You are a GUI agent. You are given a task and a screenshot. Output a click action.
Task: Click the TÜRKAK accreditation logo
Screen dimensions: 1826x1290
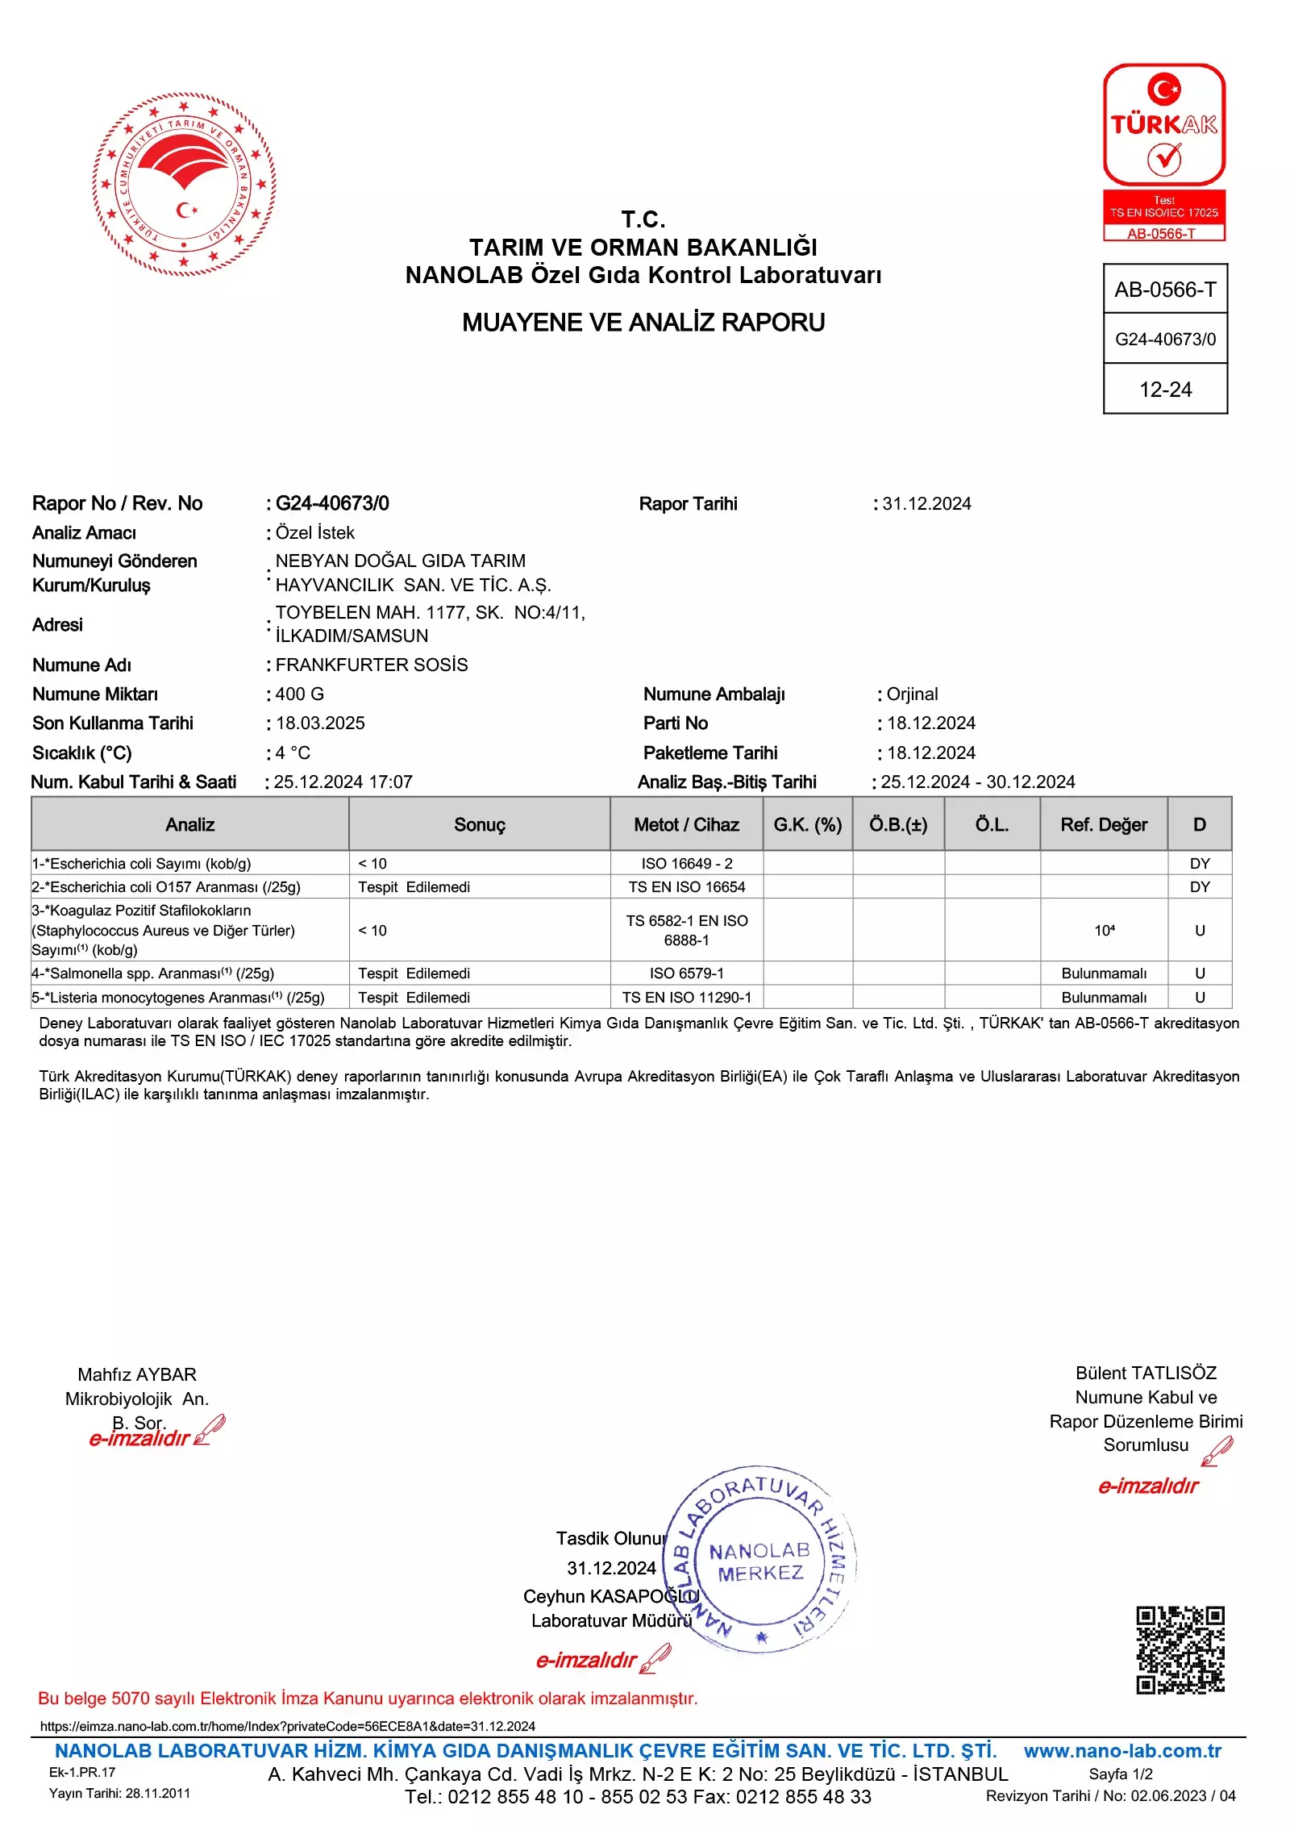[x=1163, y=152]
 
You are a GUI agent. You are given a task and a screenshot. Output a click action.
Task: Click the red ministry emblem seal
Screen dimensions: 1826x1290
[x=184, y=184]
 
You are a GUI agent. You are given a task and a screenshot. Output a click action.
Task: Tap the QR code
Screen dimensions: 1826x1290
[x=1180, y=1649]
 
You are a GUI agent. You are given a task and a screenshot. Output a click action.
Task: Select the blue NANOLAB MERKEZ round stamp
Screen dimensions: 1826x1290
[x=759, y=1561]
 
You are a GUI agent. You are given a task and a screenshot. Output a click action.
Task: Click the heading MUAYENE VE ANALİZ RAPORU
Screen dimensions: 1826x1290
[x=643, y=323]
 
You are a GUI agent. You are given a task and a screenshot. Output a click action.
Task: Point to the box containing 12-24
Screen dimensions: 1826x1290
[x=1165, y=390]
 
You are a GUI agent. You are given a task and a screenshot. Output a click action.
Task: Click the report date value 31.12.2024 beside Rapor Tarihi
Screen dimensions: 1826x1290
[x=926, y=504]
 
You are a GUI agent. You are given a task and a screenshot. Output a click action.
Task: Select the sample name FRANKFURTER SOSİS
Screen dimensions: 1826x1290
[x=372, y=665]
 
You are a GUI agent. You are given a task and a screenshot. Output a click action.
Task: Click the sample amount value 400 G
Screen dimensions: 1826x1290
[x=300, y=694]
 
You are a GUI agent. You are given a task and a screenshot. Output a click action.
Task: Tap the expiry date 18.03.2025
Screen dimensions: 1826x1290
[x=320, y=723]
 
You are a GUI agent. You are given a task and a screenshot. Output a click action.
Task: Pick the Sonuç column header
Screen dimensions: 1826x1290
[x=479, y=824]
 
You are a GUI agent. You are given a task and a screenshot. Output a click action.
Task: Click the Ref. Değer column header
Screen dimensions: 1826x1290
[x=1103, y=824]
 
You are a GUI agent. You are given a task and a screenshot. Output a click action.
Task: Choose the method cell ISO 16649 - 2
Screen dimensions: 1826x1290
[x=687, y=864]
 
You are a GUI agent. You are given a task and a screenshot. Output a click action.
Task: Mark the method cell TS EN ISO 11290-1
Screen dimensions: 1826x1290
[x=687, y=998]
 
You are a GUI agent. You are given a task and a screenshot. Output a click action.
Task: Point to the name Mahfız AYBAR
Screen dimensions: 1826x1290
[x=137, y=1374]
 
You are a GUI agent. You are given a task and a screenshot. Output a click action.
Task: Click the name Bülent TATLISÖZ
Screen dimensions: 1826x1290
[x=1146, y=1373]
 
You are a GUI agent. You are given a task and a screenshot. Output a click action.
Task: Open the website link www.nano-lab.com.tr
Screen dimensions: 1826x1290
[x=1122, y=1751]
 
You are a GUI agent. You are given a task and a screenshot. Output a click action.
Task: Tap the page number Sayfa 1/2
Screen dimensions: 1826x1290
[x=1121, y=1774]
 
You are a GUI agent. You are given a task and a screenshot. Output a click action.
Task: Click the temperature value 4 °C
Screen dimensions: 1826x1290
[x=293, y=753]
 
